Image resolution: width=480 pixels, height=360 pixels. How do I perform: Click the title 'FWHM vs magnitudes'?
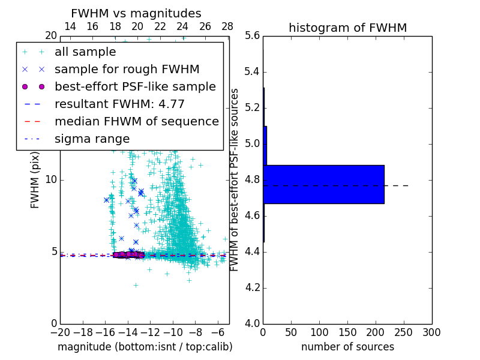(x=136, y=13)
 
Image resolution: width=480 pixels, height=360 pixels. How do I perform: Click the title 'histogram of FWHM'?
(x=347, y=28)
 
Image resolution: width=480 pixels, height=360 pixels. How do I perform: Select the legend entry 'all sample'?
(x=85, y=52)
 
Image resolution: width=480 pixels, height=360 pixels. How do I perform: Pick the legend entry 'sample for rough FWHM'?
(x=127, y=70)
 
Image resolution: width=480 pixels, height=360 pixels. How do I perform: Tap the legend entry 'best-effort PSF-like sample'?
(x=135, y=87)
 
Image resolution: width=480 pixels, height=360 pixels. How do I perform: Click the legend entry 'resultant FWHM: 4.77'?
(x=119, y=104)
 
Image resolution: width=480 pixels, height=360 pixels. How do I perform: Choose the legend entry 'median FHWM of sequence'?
(x=136, y=122)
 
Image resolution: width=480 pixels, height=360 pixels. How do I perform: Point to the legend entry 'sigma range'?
(x=92, y=139)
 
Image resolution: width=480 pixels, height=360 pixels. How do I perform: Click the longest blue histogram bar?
(x=323, y=184)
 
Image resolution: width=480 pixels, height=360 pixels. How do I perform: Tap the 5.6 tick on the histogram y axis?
(x=252, y=36)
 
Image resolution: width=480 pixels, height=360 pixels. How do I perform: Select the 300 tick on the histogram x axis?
(x=431, y=332)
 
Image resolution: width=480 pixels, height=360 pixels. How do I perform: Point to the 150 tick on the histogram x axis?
(x=347, y=332)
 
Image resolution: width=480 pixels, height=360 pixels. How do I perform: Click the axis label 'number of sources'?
(x=347, y=347)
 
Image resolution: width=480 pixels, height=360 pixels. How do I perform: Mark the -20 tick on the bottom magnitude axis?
(x=60, y=332)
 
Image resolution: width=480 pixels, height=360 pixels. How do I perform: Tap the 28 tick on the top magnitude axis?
(x=227, y=26)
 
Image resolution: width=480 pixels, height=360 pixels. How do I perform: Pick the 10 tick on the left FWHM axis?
(x=51, y=180)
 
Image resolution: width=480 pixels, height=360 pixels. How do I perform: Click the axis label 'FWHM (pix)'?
(x=35, y=180)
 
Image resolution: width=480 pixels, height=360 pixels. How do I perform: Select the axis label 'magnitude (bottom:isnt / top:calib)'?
(x=145, y=347)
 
